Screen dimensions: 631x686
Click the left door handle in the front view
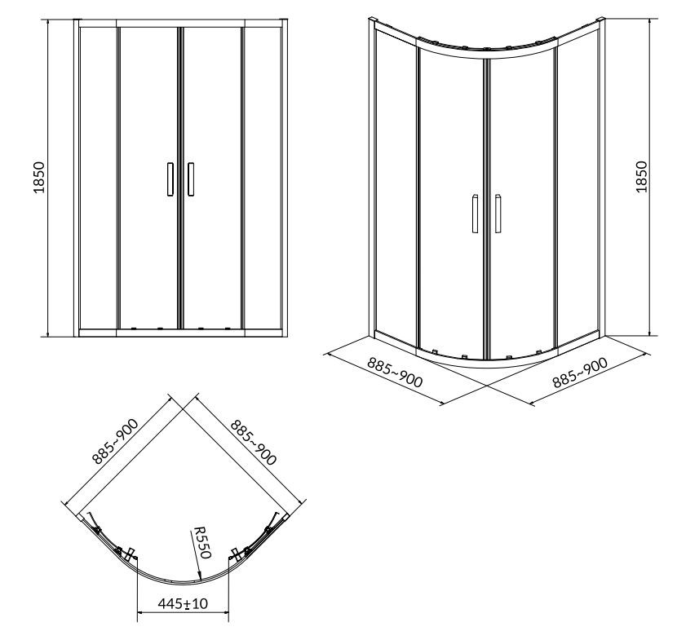coord(170,179)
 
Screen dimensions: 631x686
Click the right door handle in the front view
coord(191,179)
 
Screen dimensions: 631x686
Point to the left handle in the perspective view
coord(475,214)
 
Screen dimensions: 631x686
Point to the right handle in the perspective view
coord(496,214)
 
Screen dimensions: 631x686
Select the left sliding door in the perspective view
coord(451,204)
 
